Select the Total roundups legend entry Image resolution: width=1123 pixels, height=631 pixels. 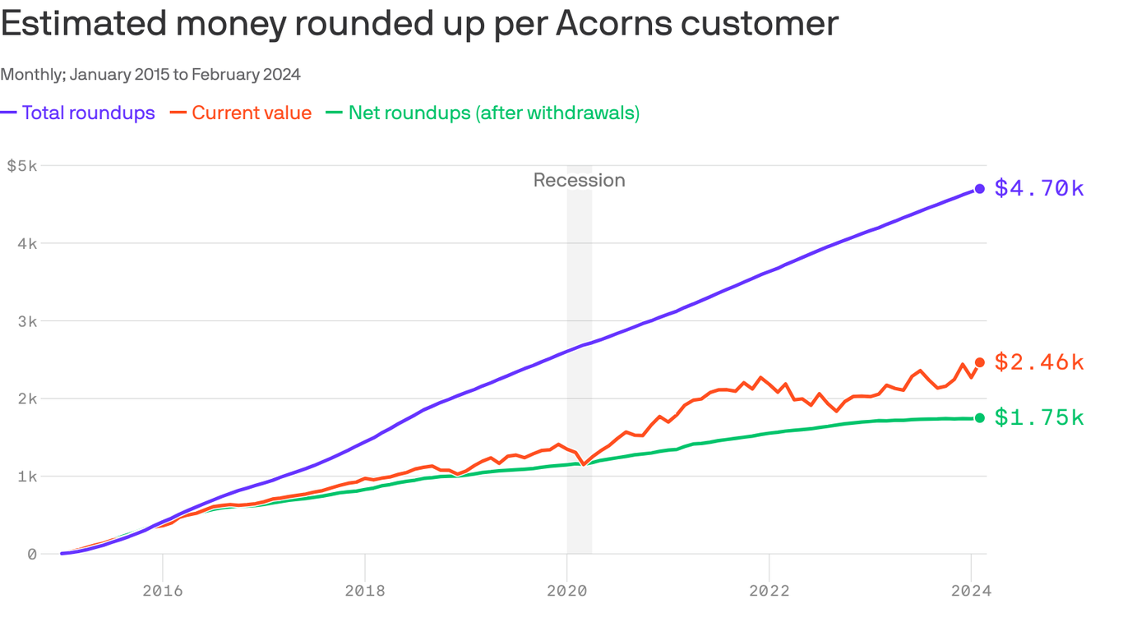(x=88, y=113)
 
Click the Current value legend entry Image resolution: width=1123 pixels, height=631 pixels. (x=252, y=113)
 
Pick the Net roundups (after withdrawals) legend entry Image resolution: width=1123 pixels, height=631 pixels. (x=493, y=113)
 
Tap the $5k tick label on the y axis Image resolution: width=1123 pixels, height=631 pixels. (x=22, y=166)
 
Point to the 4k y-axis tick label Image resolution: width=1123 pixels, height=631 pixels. (x=27, y=244)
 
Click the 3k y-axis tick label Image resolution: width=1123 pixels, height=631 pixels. (x=27, y=321)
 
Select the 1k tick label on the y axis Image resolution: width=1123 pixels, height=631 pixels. (x=27, y=477)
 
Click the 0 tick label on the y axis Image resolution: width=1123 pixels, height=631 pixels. (x=32, y=555)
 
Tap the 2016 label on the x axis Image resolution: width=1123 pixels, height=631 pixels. (x=163, y=591)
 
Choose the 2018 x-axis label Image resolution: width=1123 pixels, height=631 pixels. (x=365, y=591)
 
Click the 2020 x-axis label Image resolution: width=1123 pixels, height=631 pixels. (x=567, y=591)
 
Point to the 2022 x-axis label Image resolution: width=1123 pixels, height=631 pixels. (x=769, y=591)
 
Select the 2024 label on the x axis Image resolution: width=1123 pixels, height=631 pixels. (x=971, y=591)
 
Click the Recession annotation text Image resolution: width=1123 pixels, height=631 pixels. (x=579, y=181)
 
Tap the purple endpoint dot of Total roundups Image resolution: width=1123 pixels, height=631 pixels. (x=979, y=189)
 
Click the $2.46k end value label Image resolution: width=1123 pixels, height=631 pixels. (x=1039, y=362)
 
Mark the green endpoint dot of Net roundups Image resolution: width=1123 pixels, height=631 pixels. (x=979, y=418)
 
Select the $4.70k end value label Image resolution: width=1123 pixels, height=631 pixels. (x=1039, y=189)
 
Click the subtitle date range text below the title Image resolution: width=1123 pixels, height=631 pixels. (x=150, y=75)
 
